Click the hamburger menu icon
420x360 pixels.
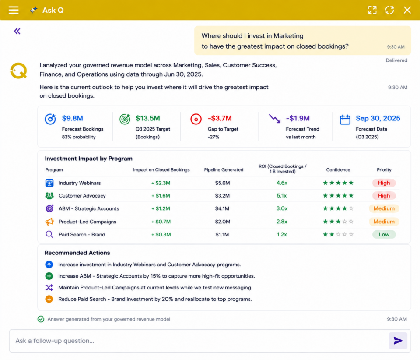tap(14, 10)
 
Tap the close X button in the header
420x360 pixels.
tap(407, 10)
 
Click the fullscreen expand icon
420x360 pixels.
tap(372, 10)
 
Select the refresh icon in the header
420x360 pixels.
tap(389, 10)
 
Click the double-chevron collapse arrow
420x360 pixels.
tap(17, 31)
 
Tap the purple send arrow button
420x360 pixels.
tap(398, 341)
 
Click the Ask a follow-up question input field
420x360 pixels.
tap(199, 341)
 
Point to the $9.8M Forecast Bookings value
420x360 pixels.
tap(73, 118)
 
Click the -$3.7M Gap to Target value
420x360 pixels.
tap(220, 118)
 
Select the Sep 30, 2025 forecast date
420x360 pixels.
tap(378, 118)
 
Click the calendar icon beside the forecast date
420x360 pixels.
tap(345, 119)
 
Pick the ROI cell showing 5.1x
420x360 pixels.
tap(282, 196)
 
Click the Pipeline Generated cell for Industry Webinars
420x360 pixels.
tap(222, 183)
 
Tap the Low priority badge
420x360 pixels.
tap(384, 235)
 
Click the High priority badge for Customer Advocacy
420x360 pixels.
tap(384, 196)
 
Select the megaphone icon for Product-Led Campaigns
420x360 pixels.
tap(49, 222)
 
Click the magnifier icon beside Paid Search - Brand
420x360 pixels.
tap(49, 235)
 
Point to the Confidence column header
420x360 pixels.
tap(338, 169)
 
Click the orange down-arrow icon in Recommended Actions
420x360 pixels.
tap(49, 299)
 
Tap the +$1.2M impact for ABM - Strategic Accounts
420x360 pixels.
tap(161, 208)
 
